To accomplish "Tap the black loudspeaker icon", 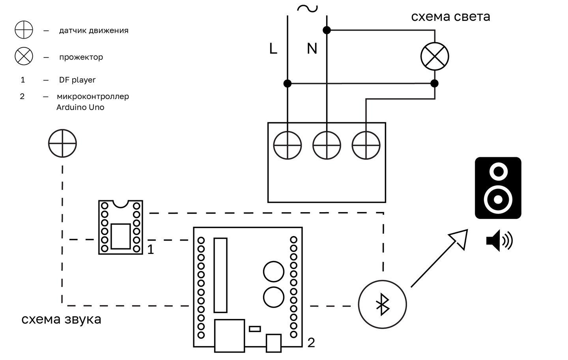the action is point(498,188).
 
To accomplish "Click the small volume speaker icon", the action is point(499,241).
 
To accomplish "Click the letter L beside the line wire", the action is point(273,48).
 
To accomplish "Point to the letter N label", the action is point(312,48).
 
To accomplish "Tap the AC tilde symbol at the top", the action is point(307,9).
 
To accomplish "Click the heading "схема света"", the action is point(450,17).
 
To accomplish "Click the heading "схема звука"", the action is point(62,319).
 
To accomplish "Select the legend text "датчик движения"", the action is point(94,31).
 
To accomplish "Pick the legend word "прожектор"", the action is point(81,57).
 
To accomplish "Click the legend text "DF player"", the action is point(77,80).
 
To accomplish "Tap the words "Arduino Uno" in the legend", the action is point(80,107).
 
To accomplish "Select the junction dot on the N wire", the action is point(327,30).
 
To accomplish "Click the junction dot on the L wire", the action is point(287,83).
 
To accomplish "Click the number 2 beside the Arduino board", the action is point(311,343).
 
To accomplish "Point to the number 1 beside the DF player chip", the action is point(151,250).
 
